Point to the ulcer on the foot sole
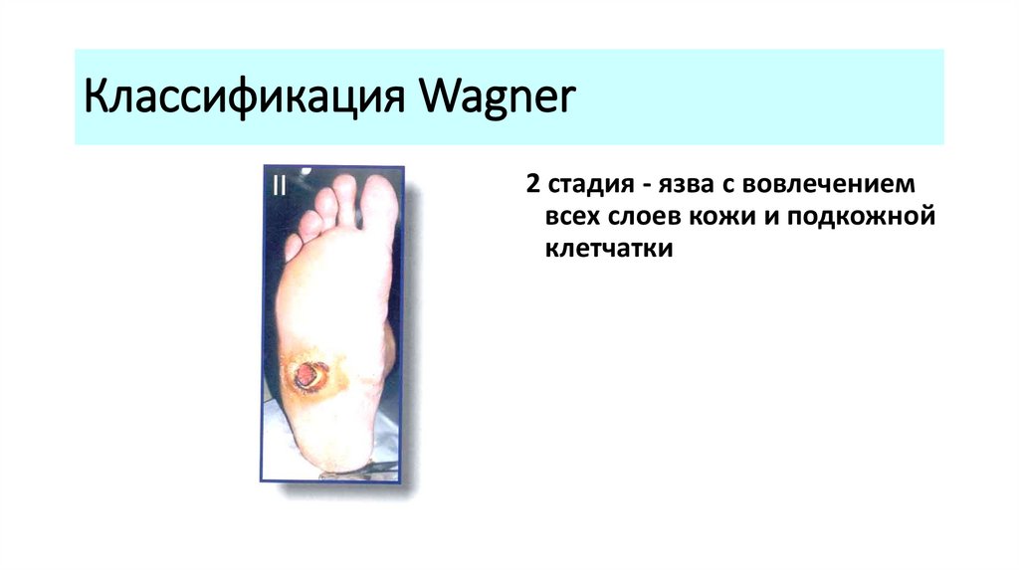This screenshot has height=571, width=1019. coord(308,375)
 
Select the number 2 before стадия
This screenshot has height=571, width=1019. coord(533,186)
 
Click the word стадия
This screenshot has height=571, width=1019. coord(590,186)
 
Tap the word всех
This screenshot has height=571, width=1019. coord(571,217)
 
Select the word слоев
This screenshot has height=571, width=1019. coord(646,217)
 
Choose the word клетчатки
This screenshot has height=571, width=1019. coord(609,248)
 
